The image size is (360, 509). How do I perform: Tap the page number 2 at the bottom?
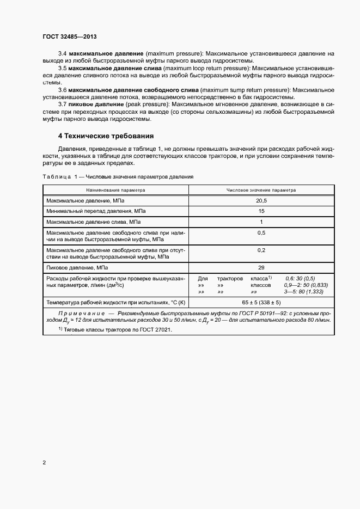(x=44, y=463)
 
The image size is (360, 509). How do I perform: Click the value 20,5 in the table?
(x=261, y=201)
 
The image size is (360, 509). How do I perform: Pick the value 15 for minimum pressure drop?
(x=261, y=211)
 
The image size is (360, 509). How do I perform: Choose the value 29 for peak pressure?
(x=261, y=268)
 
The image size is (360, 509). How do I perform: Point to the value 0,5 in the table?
(x=261, y=232)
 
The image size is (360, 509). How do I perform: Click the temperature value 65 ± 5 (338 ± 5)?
(x=261, y=302)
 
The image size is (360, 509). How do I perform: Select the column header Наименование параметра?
(x=115, y=191)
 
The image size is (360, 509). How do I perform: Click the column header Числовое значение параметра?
(x=261, y=191)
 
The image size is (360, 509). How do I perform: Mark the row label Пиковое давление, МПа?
(x=77, y=268)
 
